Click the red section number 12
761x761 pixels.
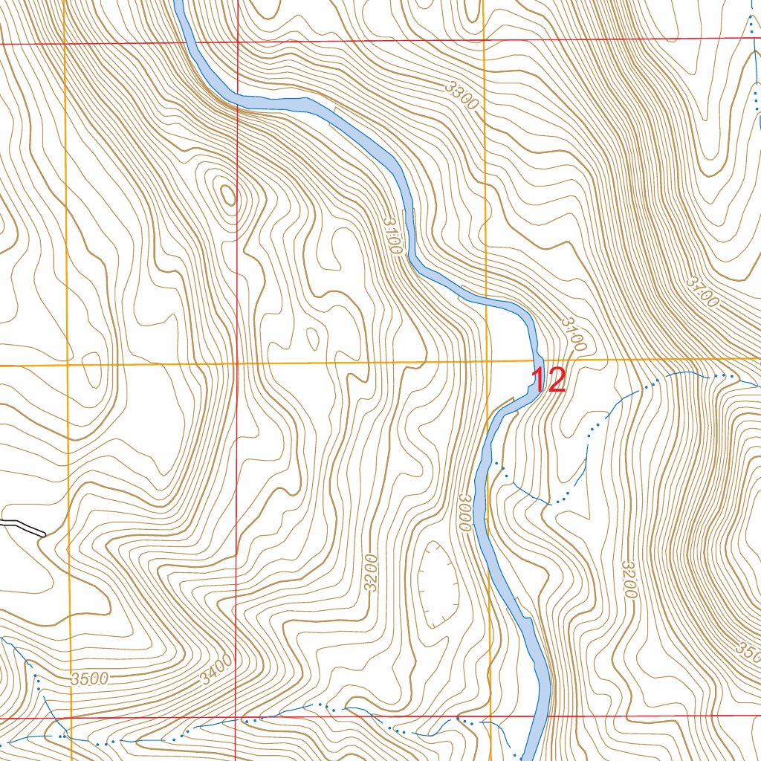[548, 380]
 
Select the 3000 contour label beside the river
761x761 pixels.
[466, 512]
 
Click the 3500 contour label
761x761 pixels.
[90, 678]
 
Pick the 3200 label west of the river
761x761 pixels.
[372, 572]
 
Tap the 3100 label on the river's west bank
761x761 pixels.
[393, 236]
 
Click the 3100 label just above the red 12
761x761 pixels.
[574, 334]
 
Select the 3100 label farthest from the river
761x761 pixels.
[702, 292]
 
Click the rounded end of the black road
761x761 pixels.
[44, 533]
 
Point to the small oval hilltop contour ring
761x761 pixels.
[227, 195]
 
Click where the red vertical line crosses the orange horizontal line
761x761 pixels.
[236, 364]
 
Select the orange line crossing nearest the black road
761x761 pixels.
[68, 365]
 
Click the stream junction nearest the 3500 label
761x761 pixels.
[65, 734]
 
